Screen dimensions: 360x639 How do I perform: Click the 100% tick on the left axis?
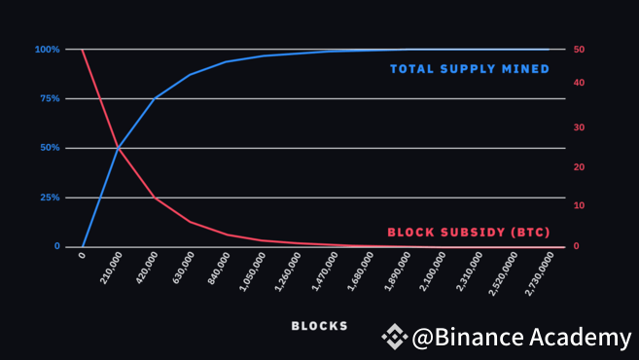tap(47, 50)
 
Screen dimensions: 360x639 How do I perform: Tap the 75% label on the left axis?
tap(49, 99)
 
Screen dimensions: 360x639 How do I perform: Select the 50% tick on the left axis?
tap(49, 148)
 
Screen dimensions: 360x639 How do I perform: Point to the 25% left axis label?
tap(49, 198)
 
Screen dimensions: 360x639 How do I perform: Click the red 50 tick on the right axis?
tap(579, 50)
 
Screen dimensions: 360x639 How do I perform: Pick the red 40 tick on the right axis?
tap(579, 83)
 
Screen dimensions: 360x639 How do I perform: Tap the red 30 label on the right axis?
tap(579, 127)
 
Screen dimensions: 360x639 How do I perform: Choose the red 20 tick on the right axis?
tap(579, 167)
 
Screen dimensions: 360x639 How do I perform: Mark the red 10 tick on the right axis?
tap(579, 206)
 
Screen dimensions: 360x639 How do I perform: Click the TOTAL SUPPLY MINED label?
tap(470, 69)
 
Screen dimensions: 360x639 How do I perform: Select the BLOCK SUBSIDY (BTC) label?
tap(469, 233)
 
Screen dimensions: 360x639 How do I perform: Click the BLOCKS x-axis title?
tap(319, 326)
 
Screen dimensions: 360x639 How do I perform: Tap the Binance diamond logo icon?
tap(394, 338)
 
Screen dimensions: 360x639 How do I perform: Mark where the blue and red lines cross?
tap(119, 148)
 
